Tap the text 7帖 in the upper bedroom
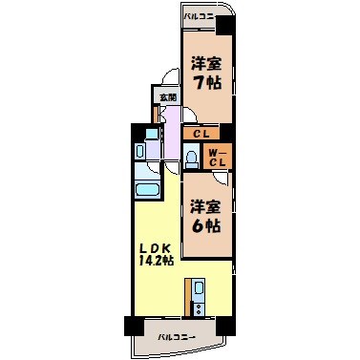(x=201, y=83)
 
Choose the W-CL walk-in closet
(x=217, y=157)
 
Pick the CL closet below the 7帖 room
(x=201, y=135)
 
